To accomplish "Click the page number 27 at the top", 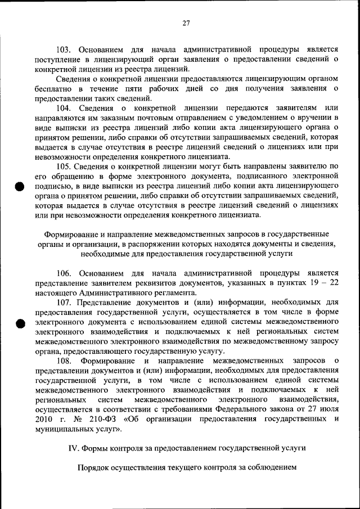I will pos(186,23).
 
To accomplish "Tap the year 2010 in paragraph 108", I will pos(44,419).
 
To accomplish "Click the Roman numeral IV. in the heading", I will pos(73,448).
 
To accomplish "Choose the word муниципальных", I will pos(62,429).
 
